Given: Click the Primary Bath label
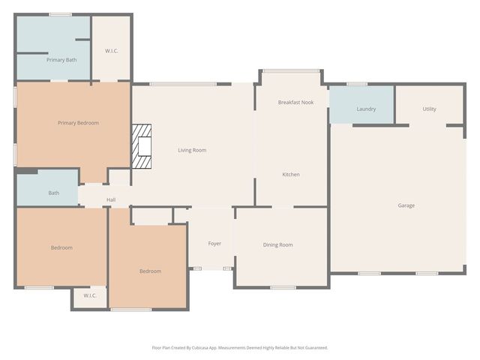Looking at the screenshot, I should point(61,60).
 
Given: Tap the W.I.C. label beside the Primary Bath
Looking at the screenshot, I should point(111,51).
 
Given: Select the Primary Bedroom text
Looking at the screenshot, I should point(78,123).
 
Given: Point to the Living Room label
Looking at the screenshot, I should point(192,150).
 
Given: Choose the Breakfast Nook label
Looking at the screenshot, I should point(295,102).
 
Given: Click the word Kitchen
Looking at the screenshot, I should point(290,175).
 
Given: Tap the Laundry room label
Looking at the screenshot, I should point(366,109).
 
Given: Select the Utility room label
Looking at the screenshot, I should point(429,109).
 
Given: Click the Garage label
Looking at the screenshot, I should point(406,205).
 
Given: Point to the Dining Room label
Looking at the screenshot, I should point(277,244).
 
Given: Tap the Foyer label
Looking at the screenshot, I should point(214,244).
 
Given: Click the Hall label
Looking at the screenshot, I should point(111,199).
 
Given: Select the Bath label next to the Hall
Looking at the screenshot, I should point(54,193).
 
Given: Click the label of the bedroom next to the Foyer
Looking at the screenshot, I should point(150,271).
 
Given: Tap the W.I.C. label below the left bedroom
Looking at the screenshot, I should point(90,295).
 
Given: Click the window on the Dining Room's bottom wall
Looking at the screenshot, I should point(283,287).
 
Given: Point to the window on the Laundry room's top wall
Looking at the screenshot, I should point(357,84).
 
